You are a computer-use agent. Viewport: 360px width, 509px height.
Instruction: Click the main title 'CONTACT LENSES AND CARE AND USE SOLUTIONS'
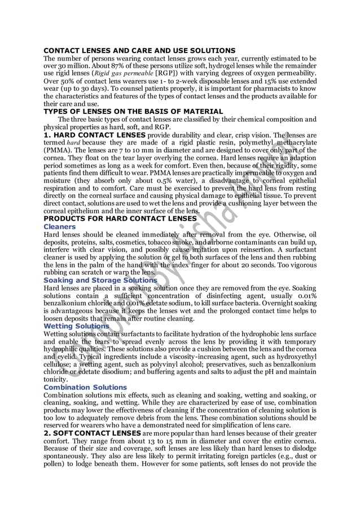[x=139, y=51]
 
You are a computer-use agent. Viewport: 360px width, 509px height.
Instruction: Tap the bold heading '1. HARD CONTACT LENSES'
[x=94, y=135]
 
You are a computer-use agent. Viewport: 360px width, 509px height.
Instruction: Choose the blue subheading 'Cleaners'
[x=60, y=227]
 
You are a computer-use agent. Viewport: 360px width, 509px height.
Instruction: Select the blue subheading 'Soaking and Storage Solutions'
[x=100, y=280]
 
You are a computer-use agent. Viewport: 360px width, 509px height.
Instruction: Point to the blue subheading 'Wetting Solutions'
[x=76, y=326]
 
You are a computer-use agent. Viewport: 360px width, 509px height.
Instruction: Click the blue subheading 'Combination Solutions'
[x=85, y=387]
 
